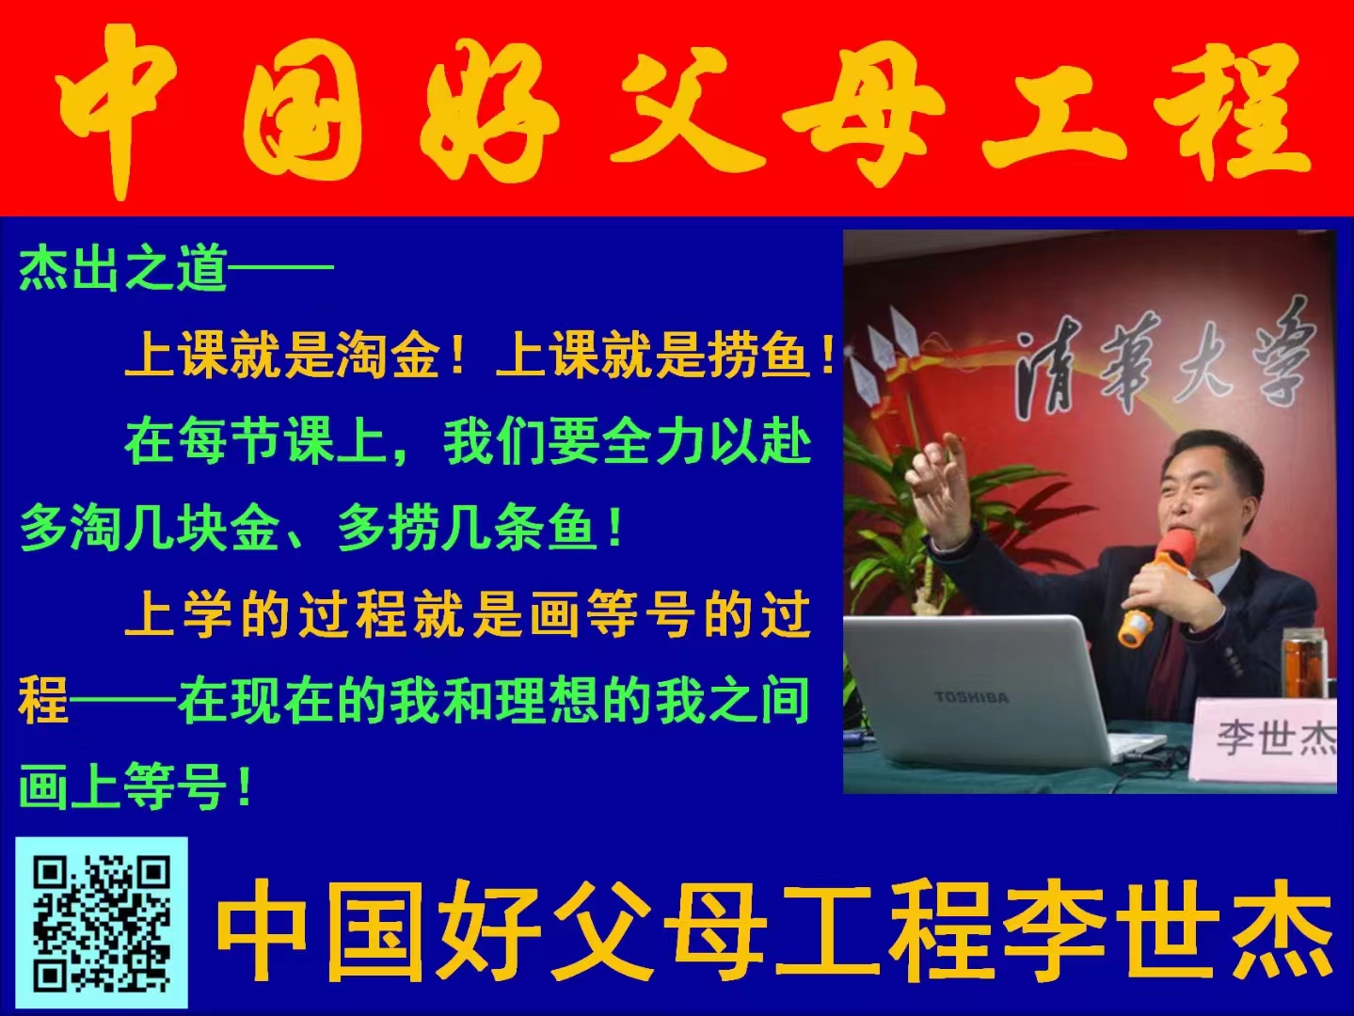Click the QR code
pos(102,923)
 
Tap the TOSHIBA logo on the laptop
pos(972,697)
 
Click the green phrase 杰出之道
pos(123,268)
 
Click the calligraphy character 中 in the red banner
pos(118,108)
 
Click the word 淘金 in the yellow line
pos(388,356)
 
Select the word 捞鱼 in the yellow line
pos(758,356)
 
